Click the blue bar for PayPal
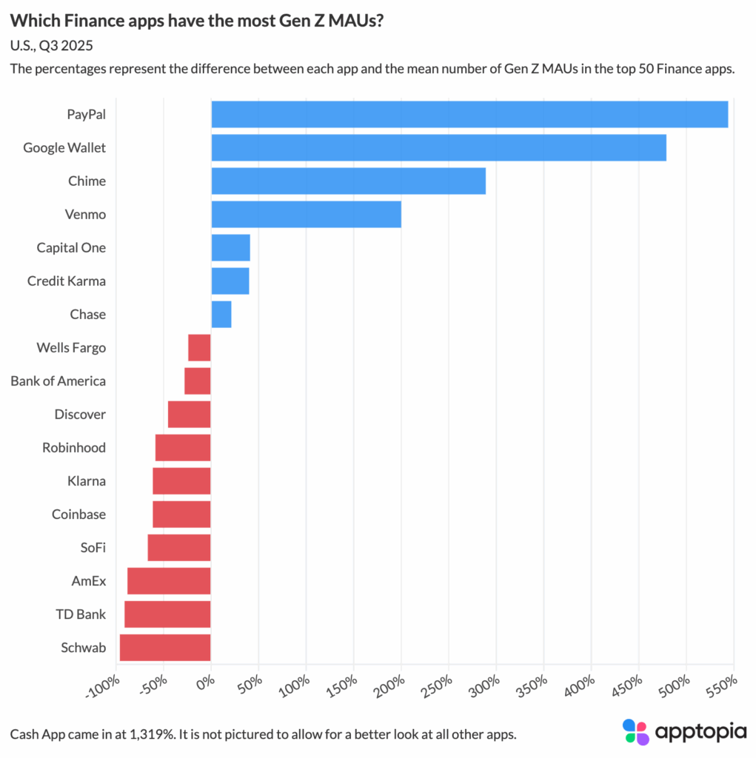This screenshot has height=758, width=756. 469,115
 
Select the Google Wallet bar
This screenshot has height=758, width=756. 438,148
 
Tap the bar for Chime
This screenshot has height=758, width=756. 348,181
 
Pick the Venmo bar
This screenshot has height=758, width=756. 306,215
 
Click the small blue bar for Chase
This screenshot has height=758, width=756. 221,315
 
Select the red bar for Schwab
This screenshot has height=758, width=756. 165,648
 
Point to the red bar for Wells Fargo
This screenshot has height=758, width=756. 199,348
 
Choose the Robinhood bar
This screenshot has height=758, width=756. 183,448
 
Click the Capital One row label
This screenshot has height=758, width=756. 71,248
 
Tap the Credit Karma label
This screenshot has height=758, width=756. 67,281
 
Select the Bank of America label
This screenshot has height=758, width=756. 58,381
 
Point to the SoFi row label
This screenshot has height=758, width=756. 93,548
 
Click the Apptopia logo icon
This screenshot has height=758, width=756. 635,731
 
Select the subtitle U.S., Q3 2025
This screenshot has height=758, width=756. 52,46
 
